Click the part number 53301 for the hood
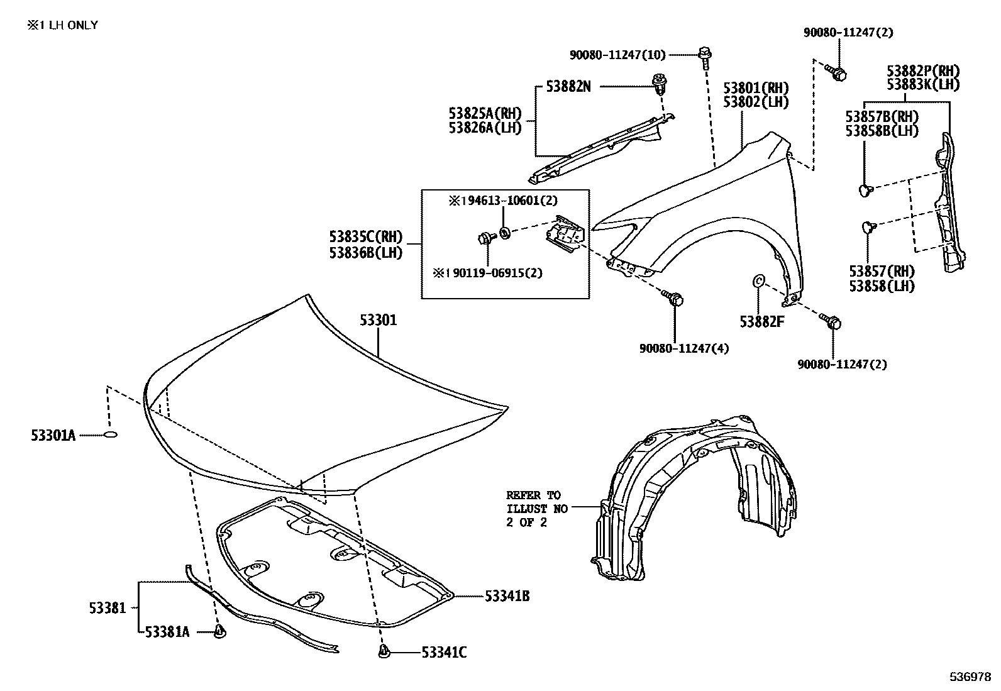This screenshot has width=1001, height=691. (x=379, y=321)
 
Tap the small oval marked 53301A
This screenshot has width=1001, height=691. (x=111, y=434)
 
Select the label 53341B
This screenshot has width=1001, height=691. (x=507, y=596)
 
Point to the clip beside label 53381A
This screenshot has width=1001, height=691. (x=219, y=631)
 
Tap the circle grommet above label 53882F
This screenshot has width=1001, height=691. (x=758, y=280)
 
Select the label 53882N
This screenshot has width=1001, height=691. (x=568, y=87)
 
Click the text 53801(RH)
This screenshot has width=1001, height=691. (x=756, y=87)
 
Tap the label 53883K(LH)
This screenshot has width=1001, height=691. (x=923, y=85)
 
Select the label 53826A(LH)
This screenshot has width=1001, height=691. (x=485, y=128)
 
